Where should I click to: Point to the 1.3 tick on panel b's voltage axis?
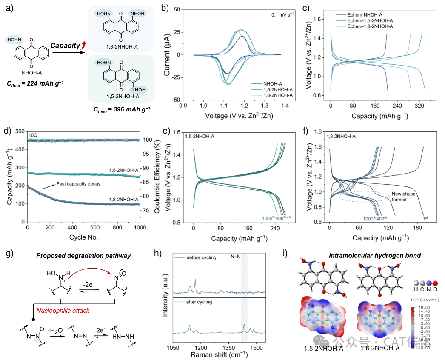[x=263, y=105]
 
